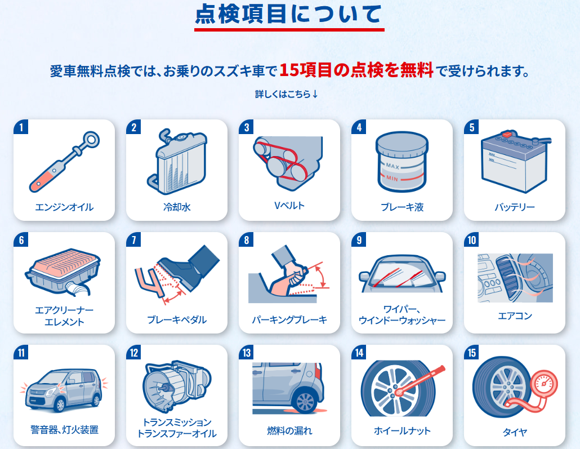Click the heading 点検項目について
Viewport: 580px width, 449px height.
coord(288,14)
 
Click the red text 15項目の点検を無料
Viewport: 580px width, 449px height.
coord(356,70)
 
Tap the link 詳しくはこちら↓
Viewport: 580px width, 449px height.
coord(287,94)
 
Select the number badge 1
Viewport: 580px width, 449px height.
coord(21,127)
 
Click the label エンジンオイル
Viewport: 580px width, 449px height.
coord(64,207)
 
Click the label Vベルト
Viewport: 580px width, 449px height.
coord(289,206)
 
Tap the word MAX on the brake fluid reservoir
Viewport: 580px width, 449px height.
coord(392,166)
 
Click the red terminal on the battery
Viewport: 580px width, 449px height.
coord(507,134)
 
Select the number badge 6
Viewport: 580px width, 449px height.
coord(21,240)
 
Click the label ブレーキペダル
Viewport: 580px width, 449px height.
coord(177,319)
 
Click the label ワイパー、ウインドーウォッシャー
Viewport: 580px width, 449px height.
coord(401,314)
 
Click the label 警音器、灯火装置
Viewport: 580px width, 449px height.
coord(64,430)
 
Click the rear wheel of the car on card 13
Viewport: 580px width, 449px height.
coord(305,401)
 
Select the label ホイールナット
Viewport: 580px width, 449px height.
coord(402,430)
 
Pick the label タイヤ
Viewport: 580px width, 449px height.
coord(515,432)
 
